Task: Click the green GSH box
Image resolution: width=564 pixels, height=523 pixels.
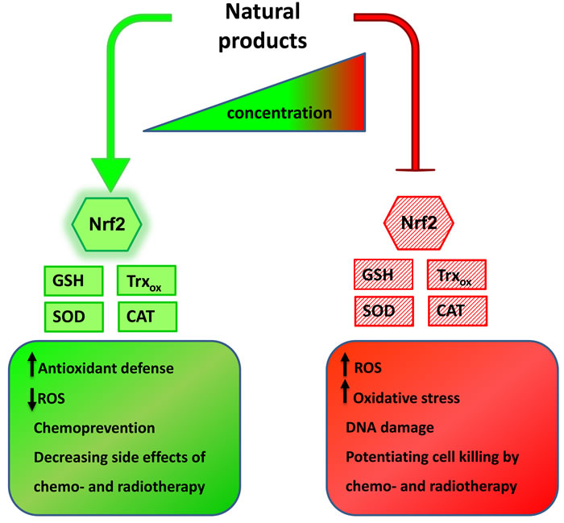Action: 74,281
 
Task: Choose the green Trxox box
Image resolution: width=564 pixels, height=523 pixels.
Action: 147,281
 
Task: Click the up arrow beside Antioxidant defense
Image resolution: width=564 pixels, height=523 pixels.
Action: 33,369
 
